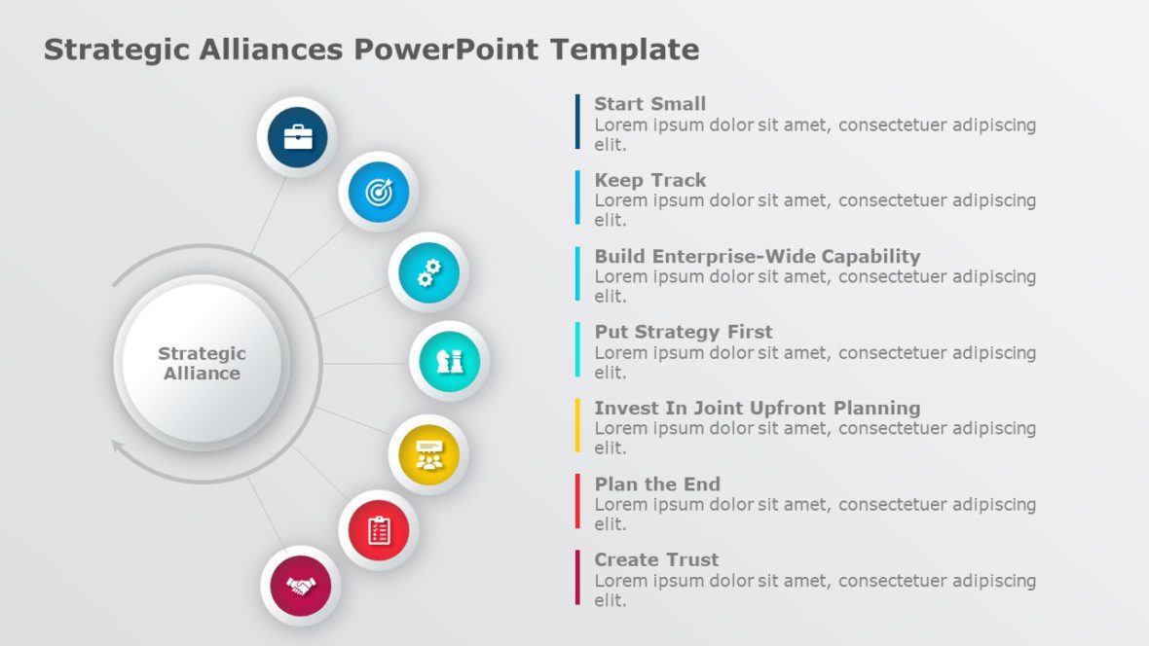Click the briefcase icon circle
tap(298, 137)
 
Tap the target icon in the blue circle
tap(379, 192)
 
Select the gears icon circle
tap(428, 272)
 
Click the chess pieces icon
tap(449, 361)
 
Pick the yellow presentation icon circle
tap(428, 454)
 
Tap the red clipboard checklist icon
tap(379, 530)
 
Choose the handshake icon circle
tap(301, 586)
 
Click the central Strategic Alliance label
tap(202, 363)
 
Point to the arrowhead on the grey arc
tap(118, 448)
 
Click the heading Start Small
tap(650, 104)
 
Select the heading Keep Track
tap(650, 180)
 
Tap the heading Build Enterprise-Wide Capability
tap(758, 257)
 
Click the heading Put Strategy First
tap(684, 332)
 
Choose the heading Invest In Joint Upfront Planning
tap(758, 408)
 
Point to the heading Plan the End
tap(657, 484)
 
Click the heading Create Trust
tap(656, 559)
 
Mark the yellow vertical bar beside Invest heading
tap(577, 425)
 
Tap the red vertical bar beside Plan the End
tap(577, 501)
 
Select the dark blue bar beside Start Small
tap(577, 122)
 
